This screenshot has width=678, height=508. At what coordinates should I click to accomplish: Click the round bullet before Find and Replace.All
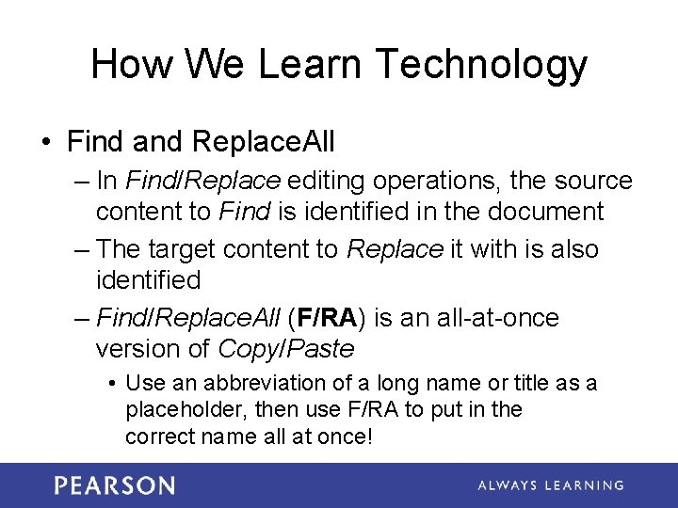click(46, 142)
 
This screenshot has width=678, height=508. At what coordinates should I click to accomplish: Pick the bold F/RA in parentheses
click(328, 318)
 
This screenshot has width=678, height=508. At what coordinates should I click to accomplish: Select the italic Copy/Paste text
click(285, 349)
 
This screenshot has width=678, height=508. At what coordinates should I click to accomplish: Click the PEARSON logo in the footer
click(114, 485)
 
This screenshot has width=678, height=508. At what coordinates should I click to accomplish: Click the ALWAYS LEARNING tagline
click(550, 485)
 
